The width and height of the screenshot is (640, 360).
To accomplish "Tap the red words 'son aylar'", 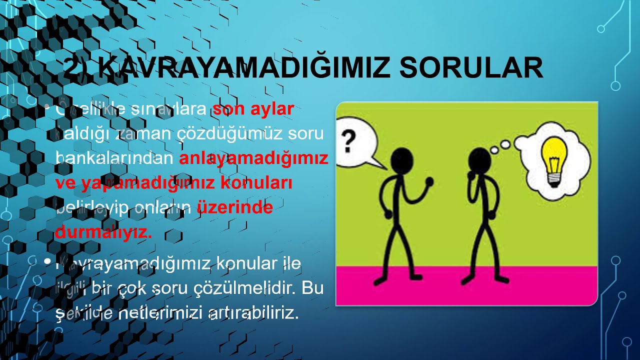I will tap(253, 109).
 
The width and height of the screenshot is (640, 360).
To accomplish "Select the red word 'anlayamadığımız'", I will tap(253, 158).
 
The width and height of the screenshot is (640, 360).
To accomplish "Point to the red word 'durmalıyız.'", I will tap(103, 232).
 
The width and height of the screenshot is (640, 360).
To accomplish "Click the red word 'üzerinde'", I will tap(235, 207).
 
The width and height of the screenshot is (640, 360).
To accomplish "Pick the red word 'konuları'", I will tap(256, 183).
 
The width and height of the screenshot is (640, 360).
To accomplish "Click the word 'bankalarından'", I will tap(115, 158).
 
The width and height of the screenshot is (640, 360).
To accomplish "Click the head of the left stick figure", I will tap(401, 160).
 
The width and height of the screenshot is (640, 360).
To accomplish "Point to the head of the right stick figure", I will tap(479, 160).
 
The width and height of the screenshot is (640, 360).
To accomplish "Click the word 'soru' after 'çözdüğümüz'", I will tap(305, 134).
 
